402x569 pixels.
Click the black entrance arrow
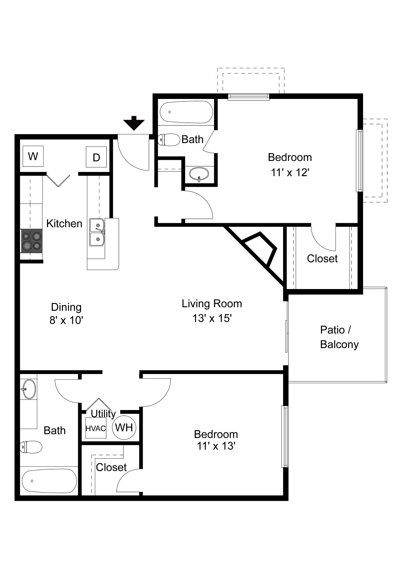pos(134,123)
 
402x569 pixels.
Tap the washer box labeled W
pos(33,156)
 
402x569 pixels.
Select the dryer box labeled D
pos(96,157)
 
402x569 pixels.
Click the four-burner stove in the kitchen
pos(32,241)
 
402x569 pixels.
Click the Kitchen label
pos(64,224)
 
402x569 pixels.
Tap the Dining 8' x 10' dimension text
pos(66,321)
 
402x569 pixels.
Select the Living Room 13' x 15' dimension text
pos(212,318)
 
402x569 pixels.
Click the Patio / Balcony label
pos(339,337)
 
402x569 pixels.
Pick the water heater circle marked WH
pos(124,428)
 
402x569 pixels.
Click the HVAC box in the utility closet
pos(96,428)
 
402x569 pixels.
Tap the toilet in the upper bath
pos(169,140)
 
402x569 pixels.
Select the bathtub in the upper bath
pos(186,112)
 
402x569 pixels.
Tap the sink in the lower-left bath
pos(29,389)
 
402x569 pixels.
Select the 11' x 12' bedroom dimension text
pos(290,173)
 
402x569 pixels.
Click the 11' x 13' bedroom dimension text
pos(216,446)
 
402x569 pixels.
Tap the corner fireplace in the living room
pos(259,250)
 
